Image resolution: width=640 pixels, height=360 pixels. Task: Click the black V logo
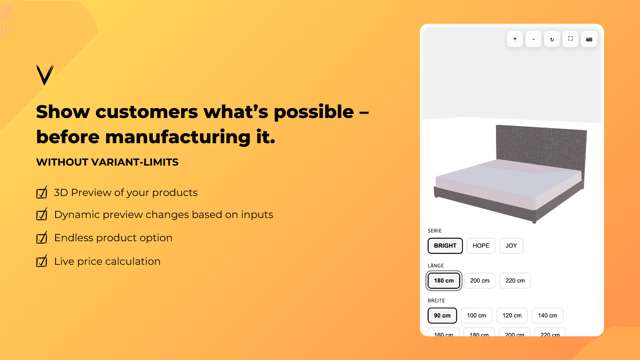click(45, 75)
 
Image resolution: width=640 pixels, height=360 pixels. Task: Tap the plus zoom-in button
click(515, 39)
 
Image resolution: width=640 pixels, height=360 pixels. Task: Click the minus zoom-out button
click(533, 39)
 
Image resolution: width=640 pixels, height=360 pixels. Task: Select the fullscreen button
click(570, 39)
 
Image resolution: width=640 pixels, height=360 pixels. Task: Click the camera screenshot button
click(589, 39)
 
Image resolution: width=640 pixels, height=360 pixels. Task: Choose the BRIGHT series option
click(445, 246)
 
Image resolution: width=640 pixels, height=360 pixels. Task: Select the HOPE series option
click(481, 246)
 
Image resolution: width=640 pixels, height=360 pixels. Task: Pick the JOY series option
click(511, 246)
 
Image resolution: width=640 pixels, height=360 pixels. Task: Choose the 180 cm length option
click(444, 280)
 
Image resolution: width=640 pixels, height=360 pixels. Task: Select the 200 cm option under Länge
click(480, 280)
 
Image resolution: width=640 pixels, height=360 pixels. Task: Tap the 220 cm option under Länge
click(515, 280)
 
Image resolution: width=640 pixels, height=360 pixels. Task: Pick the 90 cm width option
click(442, 316)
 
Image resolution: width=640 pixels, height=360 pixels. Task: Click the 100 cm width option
click(476, 316)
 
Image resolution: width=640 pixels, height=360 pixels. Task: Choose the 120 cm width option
click(512, 316)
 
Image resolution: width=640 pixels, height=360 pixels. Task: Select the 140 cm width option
click(547, 316)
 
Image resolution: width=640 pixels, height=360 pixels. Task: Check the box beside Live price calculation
click(42, 262)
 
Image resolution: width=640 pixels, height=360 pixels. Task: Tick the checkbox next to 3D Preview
click(42, 193)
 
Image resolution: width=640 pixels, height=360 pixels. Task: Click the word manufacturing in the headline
click(178, 137)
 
